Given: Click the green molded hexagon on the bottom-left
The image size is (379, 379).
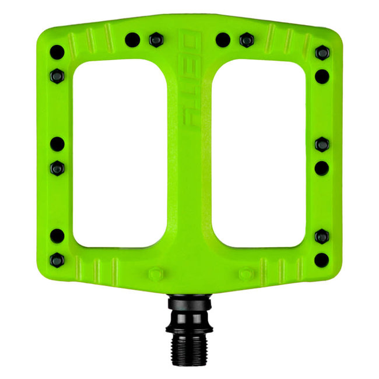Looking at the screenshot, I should pos(156,273).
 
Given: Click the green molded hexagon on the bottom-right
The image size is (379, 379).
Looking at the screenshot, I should pos(246,273).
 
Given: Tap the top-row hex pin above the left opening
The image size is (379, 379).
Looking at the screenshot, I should pos(156,40).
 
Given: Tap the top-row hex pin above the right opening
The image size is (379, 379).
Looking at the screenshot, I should pos(247,40).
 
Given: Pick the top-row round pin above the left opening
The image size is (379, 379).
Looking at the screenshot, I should pos(132,40).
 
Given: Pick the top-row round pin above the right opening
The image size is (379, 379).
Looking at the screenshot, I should pos(223,40).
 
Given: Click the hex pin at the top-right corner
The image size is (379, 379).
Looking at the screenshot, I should pos(322,52).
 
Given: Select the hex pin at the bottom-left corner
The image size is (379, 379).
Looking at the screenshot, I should pos(57,260).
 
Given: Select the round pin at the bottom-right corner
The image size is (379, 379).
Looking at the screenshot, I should pos(322,260).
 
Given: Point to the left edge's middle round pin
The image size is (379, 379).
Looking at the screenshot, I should pos(57,143).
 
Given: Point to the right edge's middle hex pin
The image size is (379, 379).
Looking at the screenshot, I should pos(322,143).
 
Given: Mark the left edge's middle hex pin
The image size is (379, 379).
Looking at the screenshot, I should pos(57,168).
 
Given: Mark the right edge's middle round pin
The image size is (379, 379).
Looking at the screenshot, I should pos(322,168).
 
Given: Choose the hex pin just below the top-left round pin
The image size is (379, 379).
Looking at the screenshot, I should pos(57,75).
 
